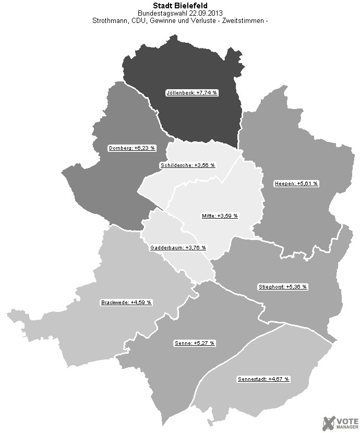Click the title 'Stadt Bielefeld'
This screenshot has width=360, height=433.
179,5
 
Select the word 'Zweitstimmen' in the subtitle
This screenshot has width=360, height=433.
244,21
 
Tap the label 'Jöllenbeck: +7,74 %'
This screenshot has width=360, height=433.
192,92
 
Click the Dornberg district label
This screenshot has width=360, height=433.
132,148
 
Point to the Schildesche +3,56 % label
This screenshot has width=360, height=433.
187,165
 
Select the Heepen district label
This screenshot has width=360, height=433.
296,184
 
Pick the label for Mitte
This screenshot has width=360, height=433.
219,215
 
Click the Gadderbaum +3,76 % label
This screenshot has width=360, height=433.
178,248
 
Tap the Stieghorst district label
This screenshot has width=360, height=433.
283,287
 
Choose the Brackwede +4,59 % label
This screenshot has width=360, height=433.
126,303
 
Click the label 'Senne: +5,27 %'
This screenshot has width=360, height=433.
194,343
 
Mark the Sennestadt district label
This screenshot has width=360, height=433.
263,379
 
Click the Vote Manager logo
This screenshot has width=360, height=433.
340,423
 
